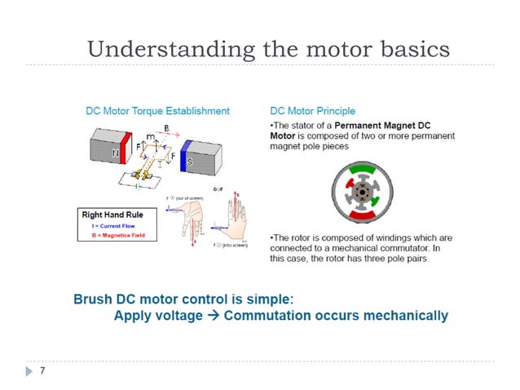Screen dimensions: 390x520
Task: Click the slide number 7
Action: click(x=42, y=371)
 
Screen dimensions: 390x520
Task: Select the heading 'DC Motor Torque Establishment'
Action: click(x=158, y=111)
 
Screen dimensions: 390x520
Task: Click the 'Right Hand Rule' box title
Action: click(x=112, y=215)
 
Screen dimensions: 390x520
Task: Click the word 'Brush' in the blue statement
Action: click(x=93, y=299)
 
